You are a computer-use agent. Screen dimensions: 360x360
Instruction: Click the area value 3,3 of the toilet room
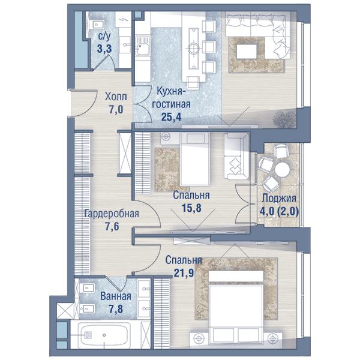pyautogui.click(x=104, y=49)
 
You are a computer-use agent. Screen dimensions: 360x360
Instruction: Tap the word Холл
pyautogui.click(x=116, y=97)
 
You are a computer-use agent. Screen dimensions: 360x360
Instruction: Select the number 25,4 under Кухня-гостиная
pyautogui.click(x=171, y=117)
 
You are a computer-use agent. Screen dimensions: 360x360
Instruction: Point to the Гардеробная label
pyautogui.click(x=112, y=214)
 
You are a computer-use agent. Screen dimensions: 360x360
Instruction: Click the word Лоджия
pyautogui.click(x=279, y=198)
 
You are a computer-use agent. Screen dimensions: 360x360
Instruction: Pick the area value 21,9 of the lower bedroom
pyautogui.click(x=184, y=273)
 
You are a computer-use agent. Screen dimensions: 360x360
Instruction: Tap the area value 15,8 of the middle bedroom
pyautogui.click(x=191, y=208)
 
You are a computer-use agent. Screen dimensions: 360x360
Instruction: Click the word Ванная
pyautogui.click(x=116, y=296)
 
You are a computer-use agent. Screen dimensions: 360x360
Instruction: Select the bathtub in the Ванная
pyautogui.click(x=104, y=335)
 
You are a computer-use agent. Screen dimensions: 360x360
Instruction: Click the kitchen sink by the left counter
pyautogui.click(x=143, y=46)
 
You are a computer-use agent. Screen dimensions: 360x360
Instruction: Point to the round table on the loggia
pyautogui.click(x=282, y=169)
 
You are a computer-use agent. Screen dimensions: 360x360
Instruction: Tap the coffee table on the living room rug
pyautogui.click(x=247, y=52)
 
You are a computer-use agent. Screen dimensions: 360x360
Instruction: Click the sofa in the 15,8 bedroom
pyautogui.click(x=236, y=157)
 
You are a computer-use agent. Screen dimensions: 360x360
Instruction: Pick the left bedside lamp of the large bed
pyautogui.click(x=199, y=338)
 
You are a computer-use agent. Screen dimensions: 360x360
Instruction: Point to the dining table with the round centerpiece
pyautogui.click(x=194, y=49)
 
